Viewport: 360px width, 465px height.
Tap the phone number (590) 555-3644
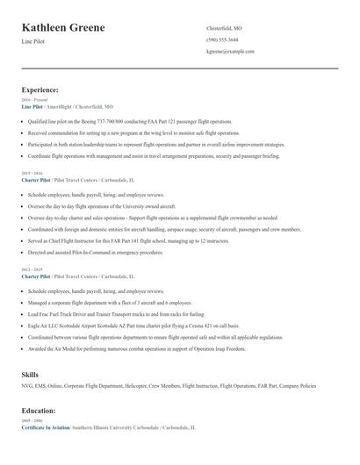click(x=222, y=40)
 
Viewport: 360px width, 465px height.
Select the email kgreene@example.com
click(x=230, y=52)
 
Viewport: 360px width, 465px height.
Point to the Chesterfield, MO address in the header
click(x=224, y=28)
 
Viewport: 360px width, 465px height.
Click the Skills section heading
click(x=31, y=375)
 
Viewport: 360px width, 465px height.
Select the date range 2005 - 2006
click(x=31, y=420)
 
